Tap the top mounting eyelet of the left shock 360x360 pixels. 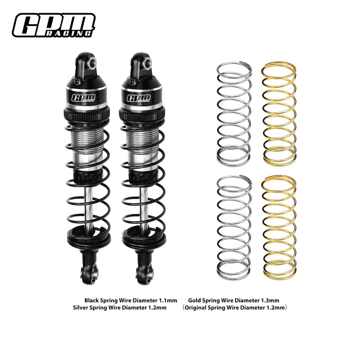pos(89,62)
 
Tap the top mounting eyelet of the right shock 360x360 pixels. pos(146,62)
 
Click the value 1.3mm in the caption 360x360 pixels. pos(269,300)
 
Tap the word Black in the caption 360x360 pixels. pos(93,300)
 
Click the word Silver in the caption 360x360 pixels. pos(83,308)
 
